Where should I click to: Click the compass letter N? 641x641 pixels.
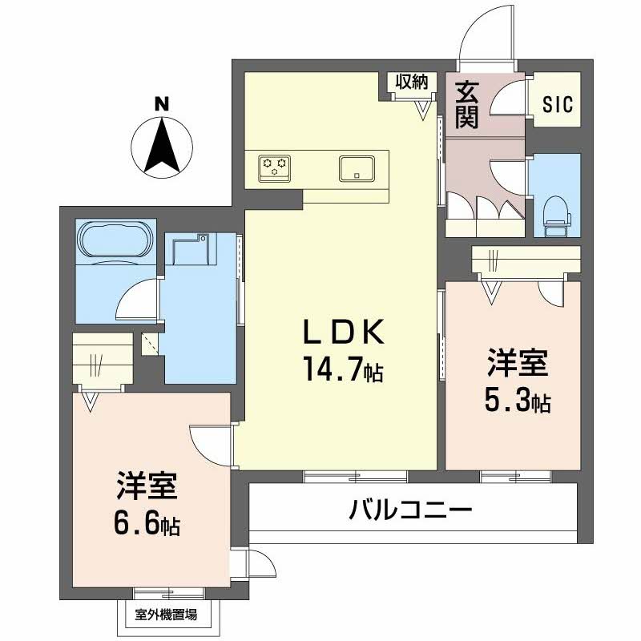pos(162,103)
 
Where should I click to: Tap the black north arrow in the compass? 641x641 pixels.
pos(162,145)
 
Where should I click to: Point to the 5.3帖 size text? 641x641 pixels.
pos(517,401)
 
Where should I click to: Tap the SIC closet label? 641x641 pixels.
pos(558,105)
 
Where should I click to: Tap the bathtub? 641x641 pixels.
pos(115,240)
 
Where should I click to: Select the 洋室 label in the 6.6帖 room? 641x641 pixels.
pos(146,489)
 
